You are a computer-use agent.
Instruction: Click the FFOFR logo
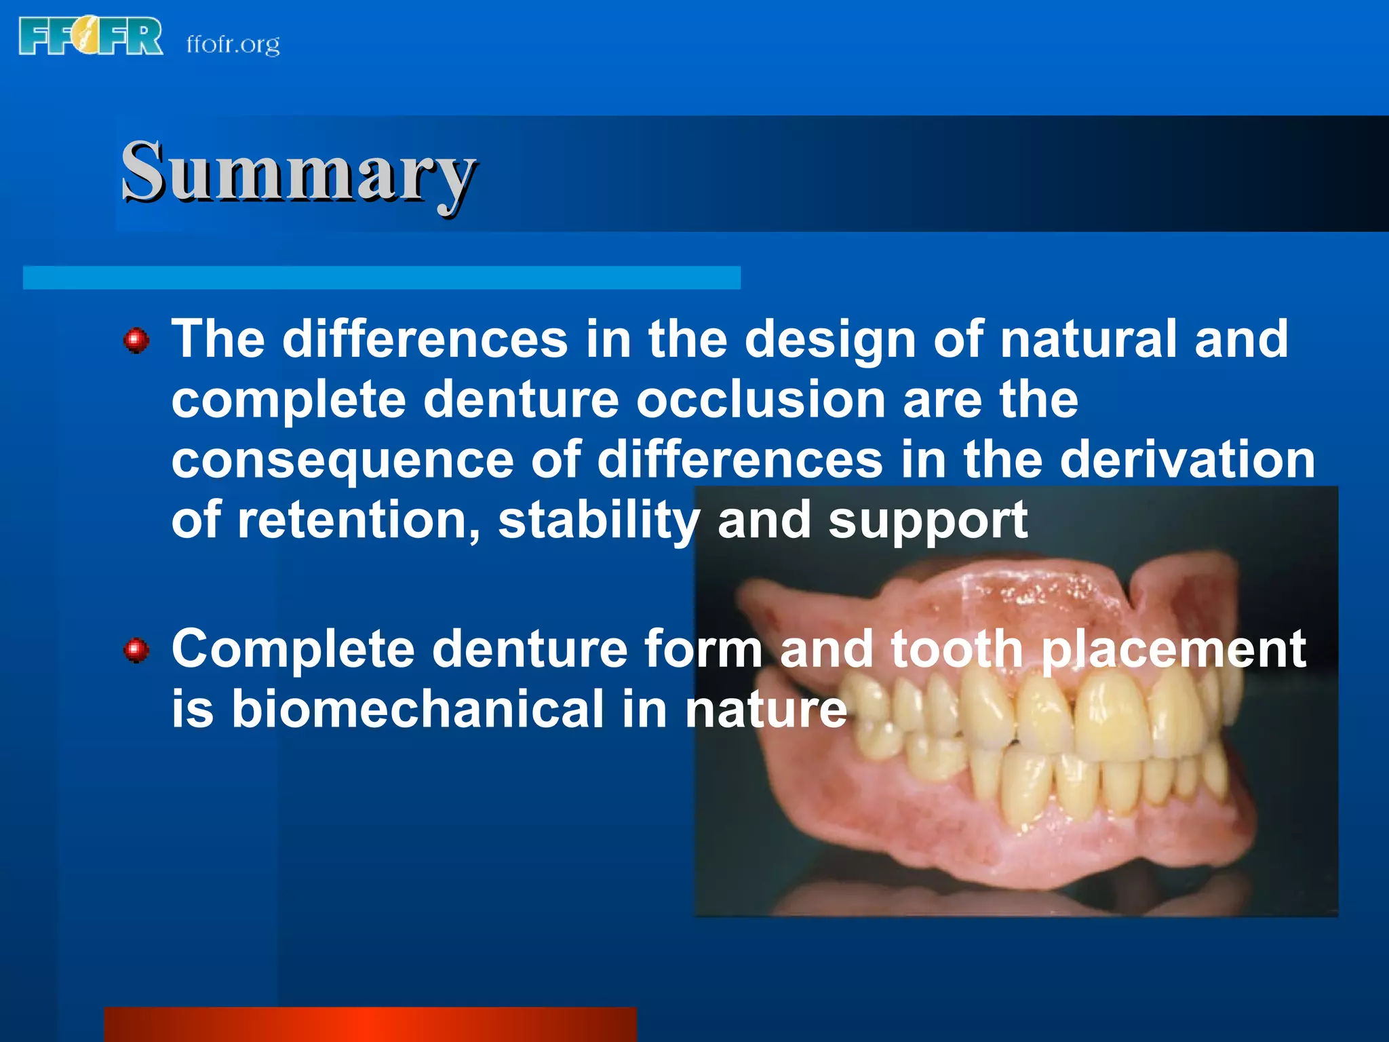click(90, 37)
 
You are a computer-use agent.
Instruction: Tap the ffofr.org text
click(233, 44)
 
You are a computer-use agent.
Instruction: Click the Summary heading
click(298, 172)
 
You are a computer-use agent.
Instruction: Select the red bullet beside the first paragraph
click(136, 340)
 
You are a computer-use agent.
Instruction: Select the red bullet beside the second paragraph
click(136, 651)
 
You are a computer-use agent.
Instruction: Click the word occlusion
click(760, 400)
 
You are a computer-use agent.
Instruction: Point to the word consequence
click(343, 461)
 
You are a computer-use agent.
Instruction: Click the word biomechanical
click(417, 710)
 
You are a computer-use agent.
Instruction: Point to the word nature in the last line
click(766, 710)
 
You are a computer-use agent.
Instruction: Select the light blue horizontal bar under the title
click(381, 277)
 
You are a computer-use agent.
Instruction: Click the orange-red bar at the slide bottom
click(370, 1024)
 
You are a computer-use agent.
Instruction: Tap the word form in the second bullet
click(703, 649)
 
